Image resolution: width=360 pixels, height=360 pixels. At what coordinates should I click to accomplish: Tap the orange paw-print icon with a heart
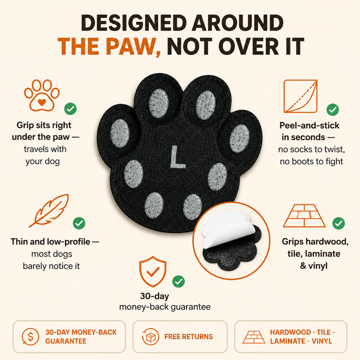42,95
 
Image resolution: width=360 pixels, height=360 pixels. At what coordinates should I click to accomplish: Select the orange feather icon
49,211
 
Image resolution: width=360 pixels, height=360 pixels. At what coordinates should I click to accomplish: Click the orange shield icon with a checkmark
153,272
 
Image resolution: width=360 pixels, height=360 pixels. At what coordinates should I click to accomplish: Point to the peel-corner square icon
301,96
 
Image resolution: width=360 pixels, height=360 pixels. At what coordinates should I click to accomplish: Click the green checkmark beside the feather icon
79,223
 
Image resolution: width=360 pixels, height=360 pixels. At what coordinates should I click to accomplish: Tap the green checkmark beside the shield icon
178,282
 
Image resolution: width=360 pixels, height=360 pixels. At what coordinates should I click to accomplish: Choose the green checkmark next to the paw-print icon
70,109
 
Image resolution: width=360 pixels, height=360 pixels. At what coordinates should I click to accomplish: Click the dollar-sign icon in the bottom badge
30,336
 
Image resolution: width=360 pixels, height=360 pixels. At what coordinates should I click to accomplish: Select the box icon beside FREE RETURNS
150,337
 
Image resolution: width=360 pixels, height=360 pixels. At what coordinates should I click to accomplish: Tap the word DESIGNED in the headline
134,23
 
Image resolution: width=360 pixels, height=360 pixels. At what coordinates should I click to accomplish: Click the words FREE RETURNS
188,337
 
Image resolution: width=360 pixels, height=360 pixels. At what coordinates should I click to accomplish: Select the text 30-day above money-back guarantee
155,296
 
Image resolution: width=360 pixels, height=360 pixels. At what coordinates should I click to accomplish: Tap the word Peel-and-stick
309,126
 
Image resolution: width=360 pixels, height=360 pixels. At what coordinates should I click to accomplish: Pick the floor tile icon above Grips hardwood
304,216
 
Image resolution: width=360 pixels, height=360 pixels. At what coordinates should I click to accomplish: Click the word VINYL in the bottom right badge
322,341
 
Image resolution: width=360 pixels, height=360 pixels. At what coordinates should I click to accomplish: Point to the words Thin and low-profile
50,242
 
